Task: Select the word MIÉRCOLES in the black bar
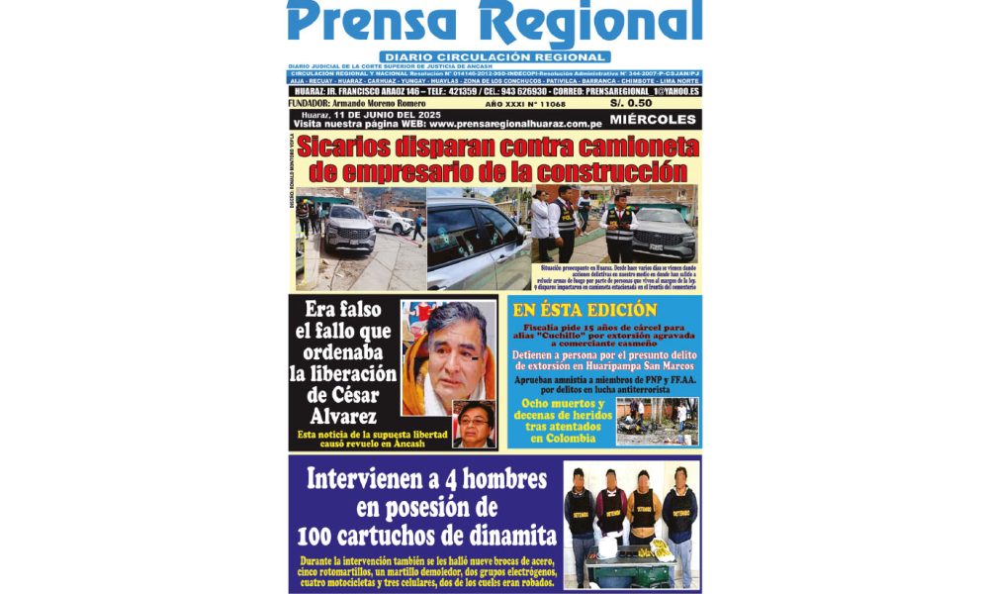[x=654, y=120]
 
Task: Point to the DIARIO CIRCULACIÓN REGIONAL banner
[x=494, y=57]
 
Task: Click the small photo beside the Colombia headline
[x=657, y=421]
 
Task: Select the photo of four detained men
[x=630, y=524]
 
